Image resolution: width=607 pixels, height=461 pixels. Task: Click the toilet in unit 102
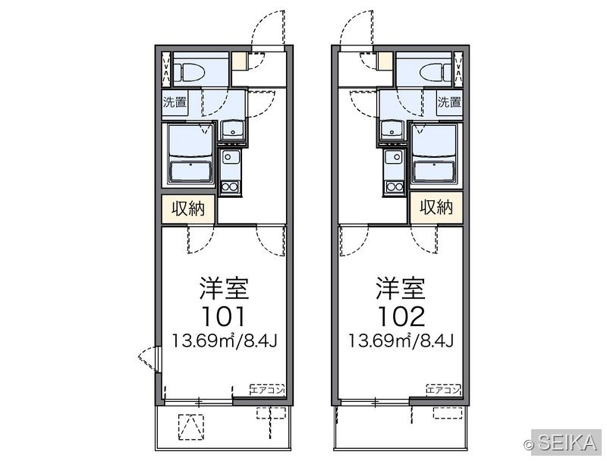click(x=436, y=72)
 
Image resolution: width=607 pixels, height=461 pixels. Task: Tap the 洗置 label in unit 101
click(x=175, y=102)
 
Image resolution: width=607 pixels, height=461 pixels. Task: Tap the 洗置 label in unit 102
click(x=449, y=102)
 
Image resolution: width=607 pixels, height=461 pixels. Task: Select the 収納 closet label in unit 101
click(x=188, y=209)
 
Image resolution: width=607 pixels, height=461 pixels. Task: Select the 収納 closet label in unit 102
click(x=436, y=208)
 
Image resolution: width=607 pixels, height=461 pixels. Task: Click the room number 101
click(x=223, y=316)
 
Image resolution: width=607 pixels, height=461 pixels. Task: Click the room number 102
click(x=401, y=316)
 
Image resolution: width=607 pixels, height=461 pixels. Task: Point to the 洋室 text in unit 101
click(x=224, y=288)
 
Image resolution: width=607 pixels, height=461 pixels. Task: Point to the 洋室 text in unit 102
click(x=401, y=288)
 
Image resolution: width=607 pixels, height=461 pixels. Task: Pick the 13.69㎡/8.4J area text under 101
click(x=225, y=341)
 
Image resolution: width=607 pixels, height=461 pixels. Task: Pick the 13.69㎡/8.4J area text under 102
click(x=401, y=341)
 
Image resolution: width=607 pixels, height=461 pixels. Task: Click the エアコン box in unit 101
click(x=268, y=390)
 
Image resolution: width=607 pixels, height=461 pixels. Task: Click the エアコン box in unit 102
click(x=444, y=390)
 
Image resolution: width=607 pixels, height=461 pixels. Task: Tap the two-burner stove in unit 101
click(x=231, y=187)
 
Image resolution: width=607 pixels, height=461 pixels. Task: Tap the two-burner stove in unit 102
click(x=394, y=187)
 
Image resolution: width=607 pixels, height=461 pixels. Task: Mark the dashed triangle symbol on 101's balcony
click(x=191, y=427)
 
